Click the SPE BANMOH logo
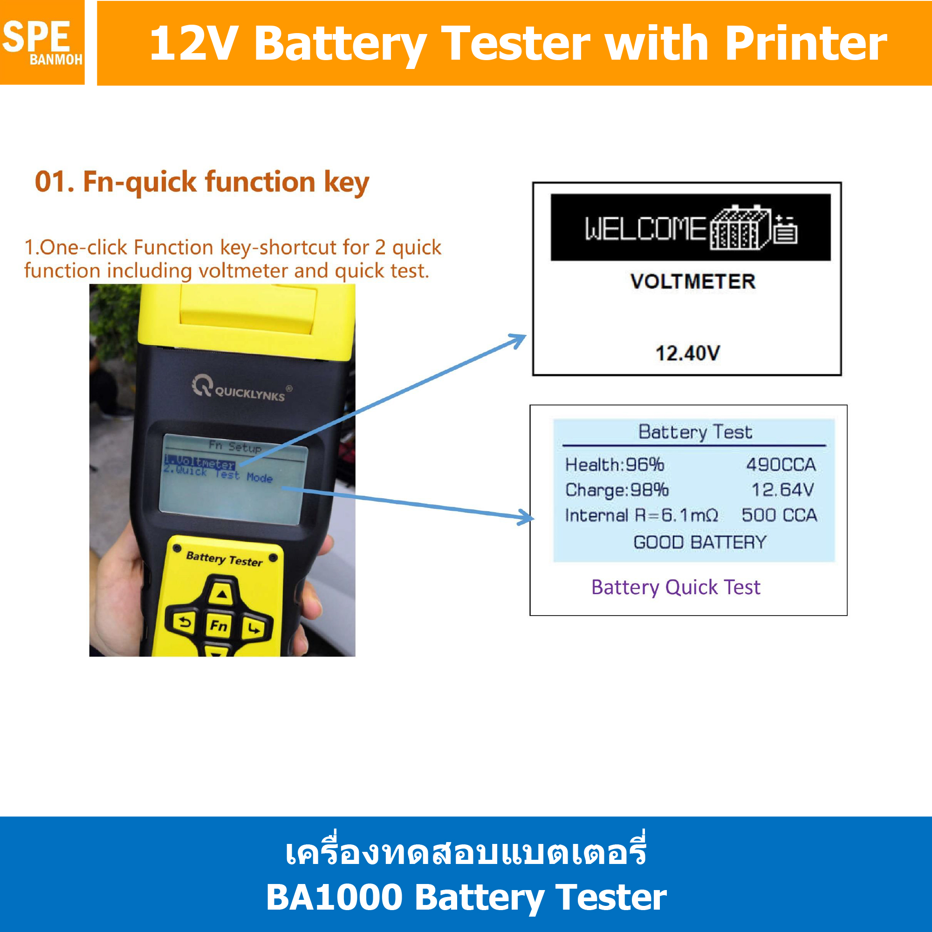(x=42, y=42)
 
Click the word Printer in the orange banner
(x=805, y=44)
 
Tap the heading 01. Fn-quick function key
(x=202, y=182)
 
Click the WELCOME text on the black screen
(x=645, y=229)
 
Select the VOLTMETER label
(x=693, y=282)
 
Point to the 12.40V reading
(x=687, y=353)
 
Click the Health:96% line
(x=615, y=465)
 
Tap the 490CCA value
(x=781, y=465)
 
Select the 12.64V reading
(x=782, y=490)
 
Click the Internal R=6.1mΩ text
(x=642, y=516)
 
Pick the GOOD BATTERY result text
(x=699, y=542)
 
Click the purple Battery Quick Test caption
(x=675, y=588)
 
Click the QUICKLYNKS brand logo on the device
(x=240, y=388)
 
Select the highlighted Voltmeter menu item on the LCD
(x=200, y=462)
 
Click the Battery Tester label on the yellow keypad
(x=224, y=559)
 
